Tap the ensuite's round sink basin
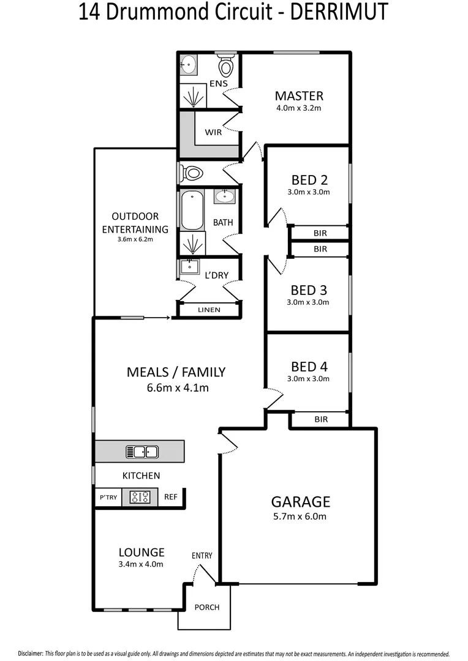(188, 62)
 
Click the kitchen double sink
(142, 452)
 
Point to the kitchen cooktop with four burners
(140, 497)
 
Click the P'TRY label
(107, 497)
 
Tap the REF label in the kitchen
(170, 497)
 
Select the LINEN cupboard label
(209, 310)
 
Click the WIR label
(213, 132)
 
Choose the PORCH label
(206, 607)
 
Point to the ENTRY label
(202, 556)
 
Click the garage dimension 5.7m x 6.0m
(300, 517)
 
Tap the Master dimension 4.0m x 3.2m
(299, 108)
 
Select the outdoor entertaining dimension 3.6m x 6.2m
(135, 239)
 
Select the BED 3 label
(309, 289)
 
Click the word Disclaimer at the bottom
(30, 654)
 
